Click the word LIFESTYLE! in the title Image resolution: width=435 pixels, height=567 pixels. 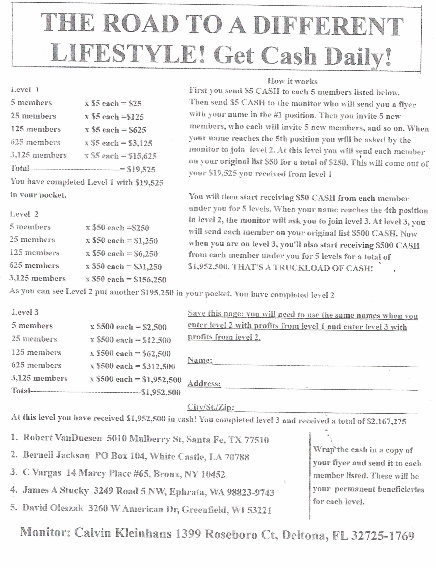128,53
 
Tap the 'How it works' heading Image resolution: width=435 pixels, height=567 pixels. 292,81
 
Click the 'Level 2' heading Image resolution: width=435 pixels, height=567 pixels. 24,214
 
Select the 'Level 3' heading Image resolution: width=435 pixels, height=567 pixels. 25,312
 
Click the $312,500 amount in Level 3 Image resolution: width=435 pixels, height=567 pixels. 158,366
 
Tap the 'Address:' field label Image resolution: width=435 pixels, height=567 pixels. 204,384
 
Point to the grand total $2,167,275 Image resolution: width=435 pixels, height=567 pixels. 387,421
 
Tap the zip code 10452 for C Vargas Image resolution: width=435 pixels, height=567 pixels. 213,474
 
